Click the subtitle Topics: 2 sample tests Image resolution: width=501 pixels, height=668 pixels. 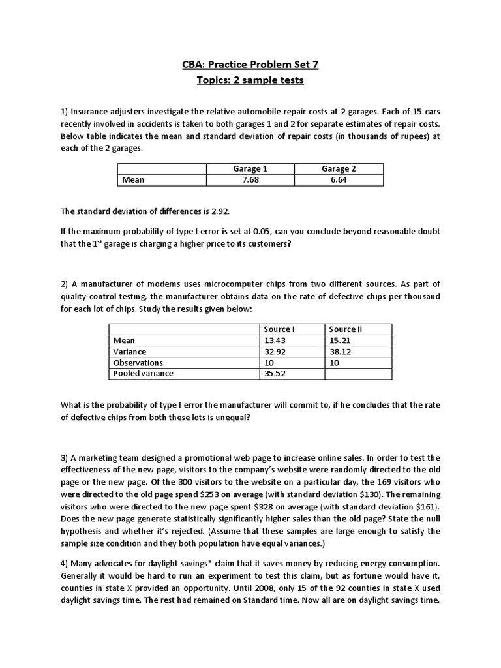point(250,80)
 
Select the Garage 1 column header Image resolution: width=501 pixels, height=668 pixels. point(250,169)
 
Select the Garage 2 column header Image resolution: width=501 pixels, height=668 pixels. point(339,169)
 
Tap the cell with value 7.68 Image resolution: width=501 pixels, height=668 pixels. point(250,180)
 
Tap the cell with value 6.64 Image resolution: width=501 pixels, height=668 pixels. point(339,180)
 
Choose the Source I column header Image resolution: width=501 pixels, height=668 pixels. point(279,329)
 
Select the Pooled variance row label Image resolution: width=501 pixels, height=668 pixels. point(144,374)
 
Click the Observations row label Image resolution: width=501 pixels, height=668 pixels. point(138,363)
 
